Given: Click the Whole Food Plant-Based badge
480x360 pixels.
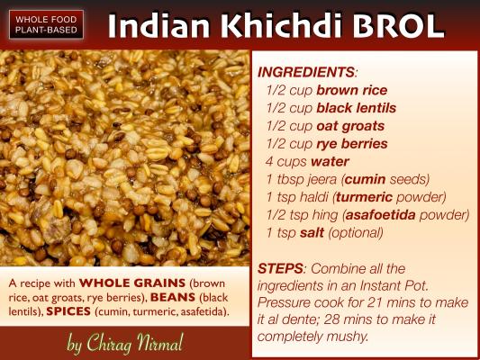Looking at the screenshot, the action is tap(46, 25).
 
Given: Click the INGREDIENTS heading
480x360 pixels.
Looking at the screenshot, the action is tap(306, 72).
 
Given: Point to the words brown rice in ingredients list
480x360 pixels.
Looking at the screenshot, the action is tap(352, 90).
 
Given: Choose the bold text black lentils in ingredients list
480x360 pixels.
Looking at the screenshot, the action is tap(357, 108).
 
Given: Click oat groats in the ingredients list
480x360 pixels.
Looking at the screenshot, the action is tap(350, 126).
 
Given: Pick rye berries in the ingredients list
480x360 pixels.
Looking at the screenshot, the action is tap(352, 144).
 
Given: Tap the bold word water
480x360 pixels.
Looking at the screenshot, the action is tap(330, 162).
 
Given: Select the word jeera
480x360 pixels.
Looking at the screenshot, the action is tap(322, 179).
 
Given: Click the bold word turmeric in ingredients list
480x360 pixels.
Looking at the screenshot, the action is tap(365, 197).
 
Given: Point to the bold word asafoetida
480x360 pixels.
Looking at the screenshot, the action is tap(381, 215).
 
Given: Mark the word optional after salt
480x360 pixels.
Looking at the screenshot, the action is tap(356, 233).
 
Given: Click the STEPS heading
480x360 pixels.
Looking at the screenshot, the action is tap(281, 268).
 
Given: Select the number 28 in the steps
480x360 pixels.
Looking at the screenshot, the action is tap(332, 319).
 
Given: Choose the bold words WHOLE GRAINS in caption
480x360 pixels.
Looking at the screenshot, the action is tap(132, 283).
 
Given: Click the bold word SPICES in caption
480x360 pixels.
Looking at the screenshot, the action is tap(68, 311).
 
